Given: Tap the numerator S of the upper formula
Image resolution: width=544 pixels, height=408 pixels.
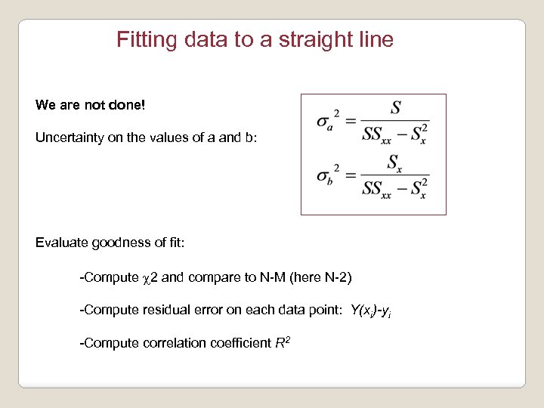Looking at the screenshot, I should (x=394, y=108).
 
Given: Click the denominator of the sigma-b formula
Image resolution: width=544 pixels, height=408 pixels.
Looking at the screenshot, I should (x=394, y=188).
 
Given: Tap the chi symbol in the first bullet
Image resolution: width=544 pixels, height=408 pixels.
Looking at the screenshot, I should (x=146, y=278).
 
